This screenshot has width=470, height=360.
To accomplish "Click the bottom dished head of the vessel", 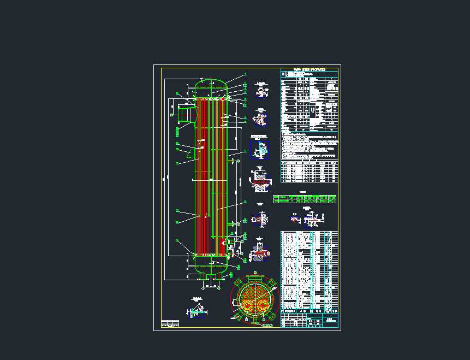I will tap(211, 265).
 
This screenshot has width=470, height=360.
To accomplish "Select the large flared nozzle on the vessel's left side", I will tap(185, 115).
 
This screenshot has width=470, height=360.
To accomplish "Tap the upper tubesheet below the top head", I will tap(211, 98).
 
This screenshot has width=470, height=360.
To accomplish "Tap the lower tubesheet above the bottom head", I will tap(211, 255).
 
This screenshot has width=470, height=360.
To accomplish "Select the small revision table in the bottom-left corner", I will tap(170, 323).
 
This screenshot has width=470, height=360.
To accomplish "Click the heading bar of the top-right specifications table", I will tap(310, 70).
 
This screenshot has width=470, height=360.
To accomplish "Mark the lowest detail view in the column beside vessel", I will tap(259, 253).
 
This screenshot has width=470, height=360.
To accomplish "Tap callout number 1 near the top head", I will tap(246, 74).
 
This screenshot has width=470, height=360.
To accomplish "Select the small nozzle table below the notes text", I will tap(310, 172).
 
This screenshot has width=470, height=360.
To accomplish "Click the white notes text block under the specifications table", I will tap(310, 145).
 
